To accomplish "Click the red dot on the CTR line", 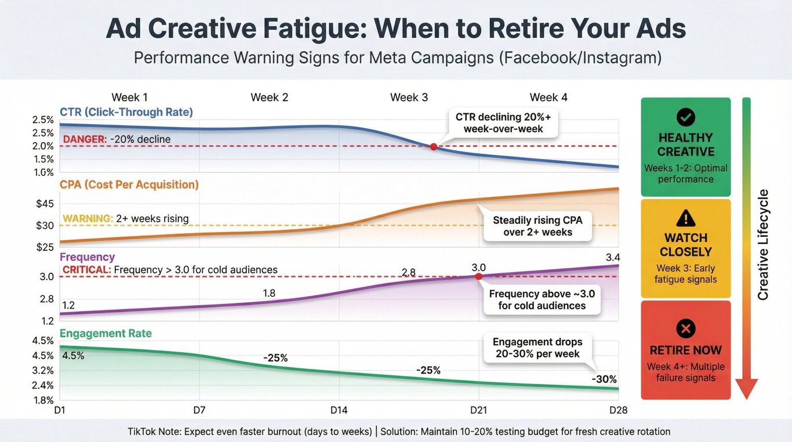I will pyautogui.click(x=433, y=147).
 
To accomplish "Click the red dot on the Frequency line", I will pyautogui.click(x=478, y=277).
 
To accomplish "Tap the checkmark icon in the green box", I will pyautogui.click(x=685, y=118).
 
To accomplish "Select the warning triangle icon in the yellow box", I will pyautogui.click(x=685, y=218).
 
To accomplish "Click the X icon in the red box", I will pyautogui.click(x=685, y=329).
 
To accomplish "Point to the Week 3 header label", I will pyautogui.click(x=409, y=97).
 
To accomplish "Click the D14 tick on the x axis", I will pyautogui.click(x=339, y=411).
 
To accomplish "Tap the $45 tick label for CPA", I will pyautogui.click(x=45, y=204).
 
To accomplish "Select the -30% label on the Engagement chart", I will pyautogui.click(x=604, y=379).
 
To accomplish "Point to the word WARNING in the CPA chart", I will pyautogui.click(x=87, y=219).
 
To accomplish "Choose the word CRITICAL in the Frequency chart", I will pyautogui.click(x=86, y=270).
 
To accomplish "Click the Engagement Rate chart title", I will pyautogui.click(x=106, y=334).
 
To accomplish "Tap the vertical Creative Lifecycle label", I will pyautogui.click(x=763, y=244).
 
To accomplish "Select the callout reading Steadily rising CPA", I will pyautogui.click(x=537, y=226).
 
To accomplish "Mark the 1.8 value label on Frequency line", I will pyautogui.click(x=269, y=294).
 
